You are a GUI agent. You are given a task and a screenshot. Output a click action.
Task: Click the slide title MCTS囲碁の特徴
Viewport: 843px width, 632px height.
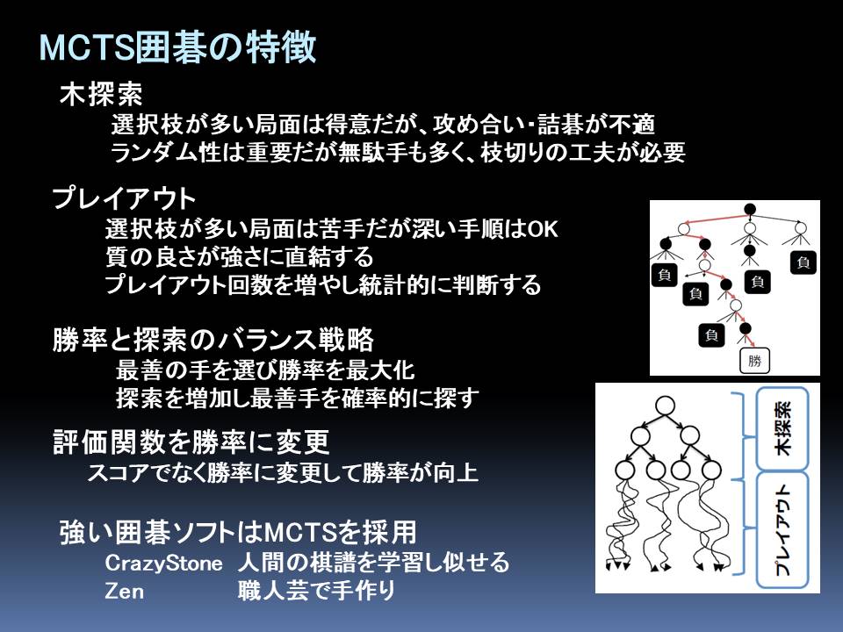tap(177, 47)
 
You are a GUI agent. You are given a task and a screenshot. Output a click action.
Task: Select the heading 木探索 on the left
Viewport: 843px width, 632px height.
tap(101, 95)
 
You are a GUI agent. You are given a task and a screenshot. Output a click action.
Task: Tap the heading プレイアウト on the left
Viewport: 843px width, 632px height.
tap(124, 198)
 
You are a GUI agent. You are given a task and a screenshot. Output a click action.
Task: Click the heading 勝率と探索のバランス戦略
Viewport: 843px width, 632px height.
tap(213, 340)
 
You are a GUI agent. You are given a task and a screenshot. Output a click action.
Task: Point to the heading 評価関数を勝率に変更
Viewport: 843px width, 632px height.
tap(191, 442)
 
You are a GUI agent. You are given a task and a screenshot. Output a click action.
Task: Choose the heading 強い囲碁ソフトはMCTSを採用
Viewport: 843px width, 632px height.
tap(238, 532)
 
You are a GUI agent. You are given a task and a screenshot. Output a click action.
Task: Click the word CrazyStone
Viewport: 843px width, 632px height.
tap(163, 563)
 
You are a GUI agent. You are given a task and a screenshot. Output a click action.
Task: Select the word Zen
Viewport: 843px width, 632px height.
tap(124, 591)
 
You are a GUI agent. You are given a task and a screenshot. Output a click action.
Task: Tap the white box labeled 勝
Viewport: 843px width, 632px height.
tap(754, 361)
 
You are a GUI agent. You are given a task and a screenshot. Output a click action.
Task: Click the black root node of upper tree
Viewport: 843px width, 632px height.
tap(749, 209)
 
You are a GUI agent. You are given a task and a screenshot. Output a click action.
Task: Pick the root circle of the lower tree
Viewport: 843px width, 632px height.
tap(665, 406)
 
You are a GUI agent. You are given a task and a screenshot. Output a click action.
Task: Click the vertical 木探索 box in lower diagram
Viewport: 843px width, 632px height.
tap(782, 429)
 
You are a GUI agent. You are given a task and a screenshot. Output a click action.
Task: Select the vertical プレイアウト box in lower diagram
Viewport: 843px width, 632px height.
tap(782, 530)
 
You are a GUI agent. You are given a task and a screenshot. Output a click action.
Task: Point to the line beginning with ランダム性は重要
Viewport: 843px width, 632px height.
tap(398, 153)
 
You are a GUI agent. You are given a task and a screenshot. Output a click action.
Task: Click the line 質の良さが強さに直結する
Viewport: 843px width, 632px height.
tap(239, 256)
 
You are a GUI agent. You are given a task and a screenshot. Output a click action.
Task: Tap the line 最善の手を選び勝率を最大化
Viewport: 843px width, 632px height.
tap(265, 370)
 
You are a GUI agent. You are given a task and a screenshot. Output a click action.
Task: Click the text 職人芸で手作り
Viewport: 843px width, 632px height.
tap(317, 591)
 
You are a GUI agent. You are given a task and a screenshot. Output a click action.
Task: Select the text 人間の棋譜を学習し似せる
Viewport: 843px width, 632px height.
tap(374, 562)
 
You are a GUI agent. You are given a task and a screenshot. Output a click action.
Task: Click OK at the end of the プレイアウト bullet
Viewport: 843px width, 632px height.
tap(543, 229)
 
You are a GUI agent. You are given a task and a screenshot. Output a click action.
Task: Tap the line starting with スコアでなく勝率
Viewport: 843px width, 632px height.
tap(283, 473)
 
